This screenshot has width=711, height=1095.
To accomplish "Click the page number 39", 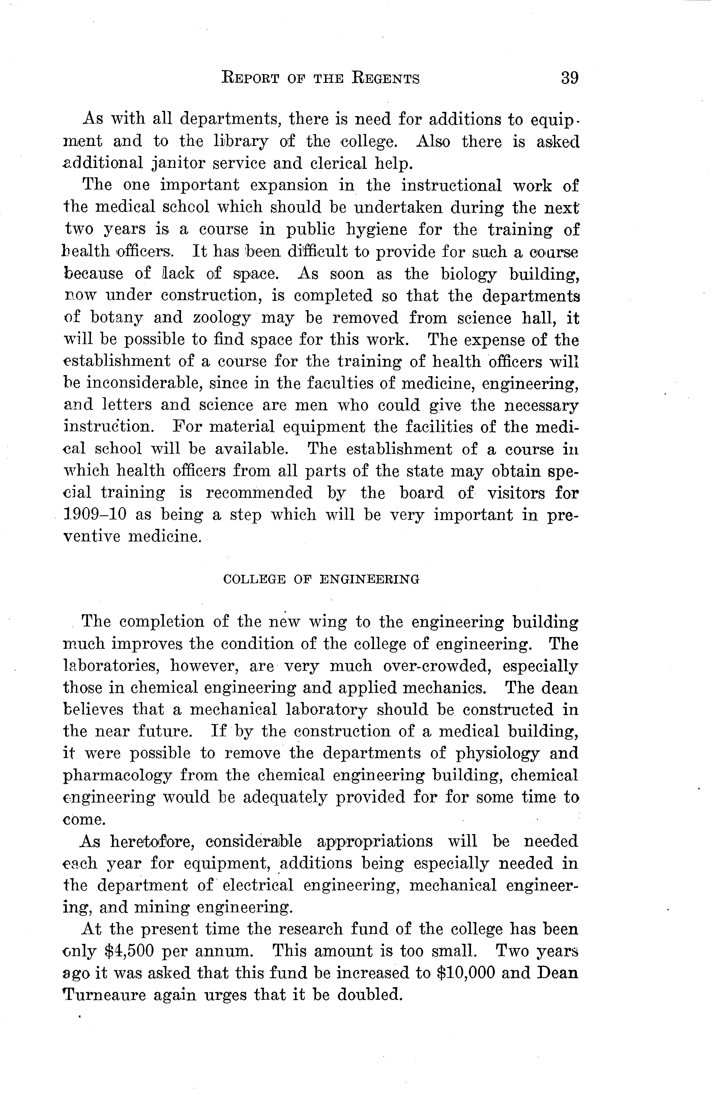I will click(569, 78).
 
